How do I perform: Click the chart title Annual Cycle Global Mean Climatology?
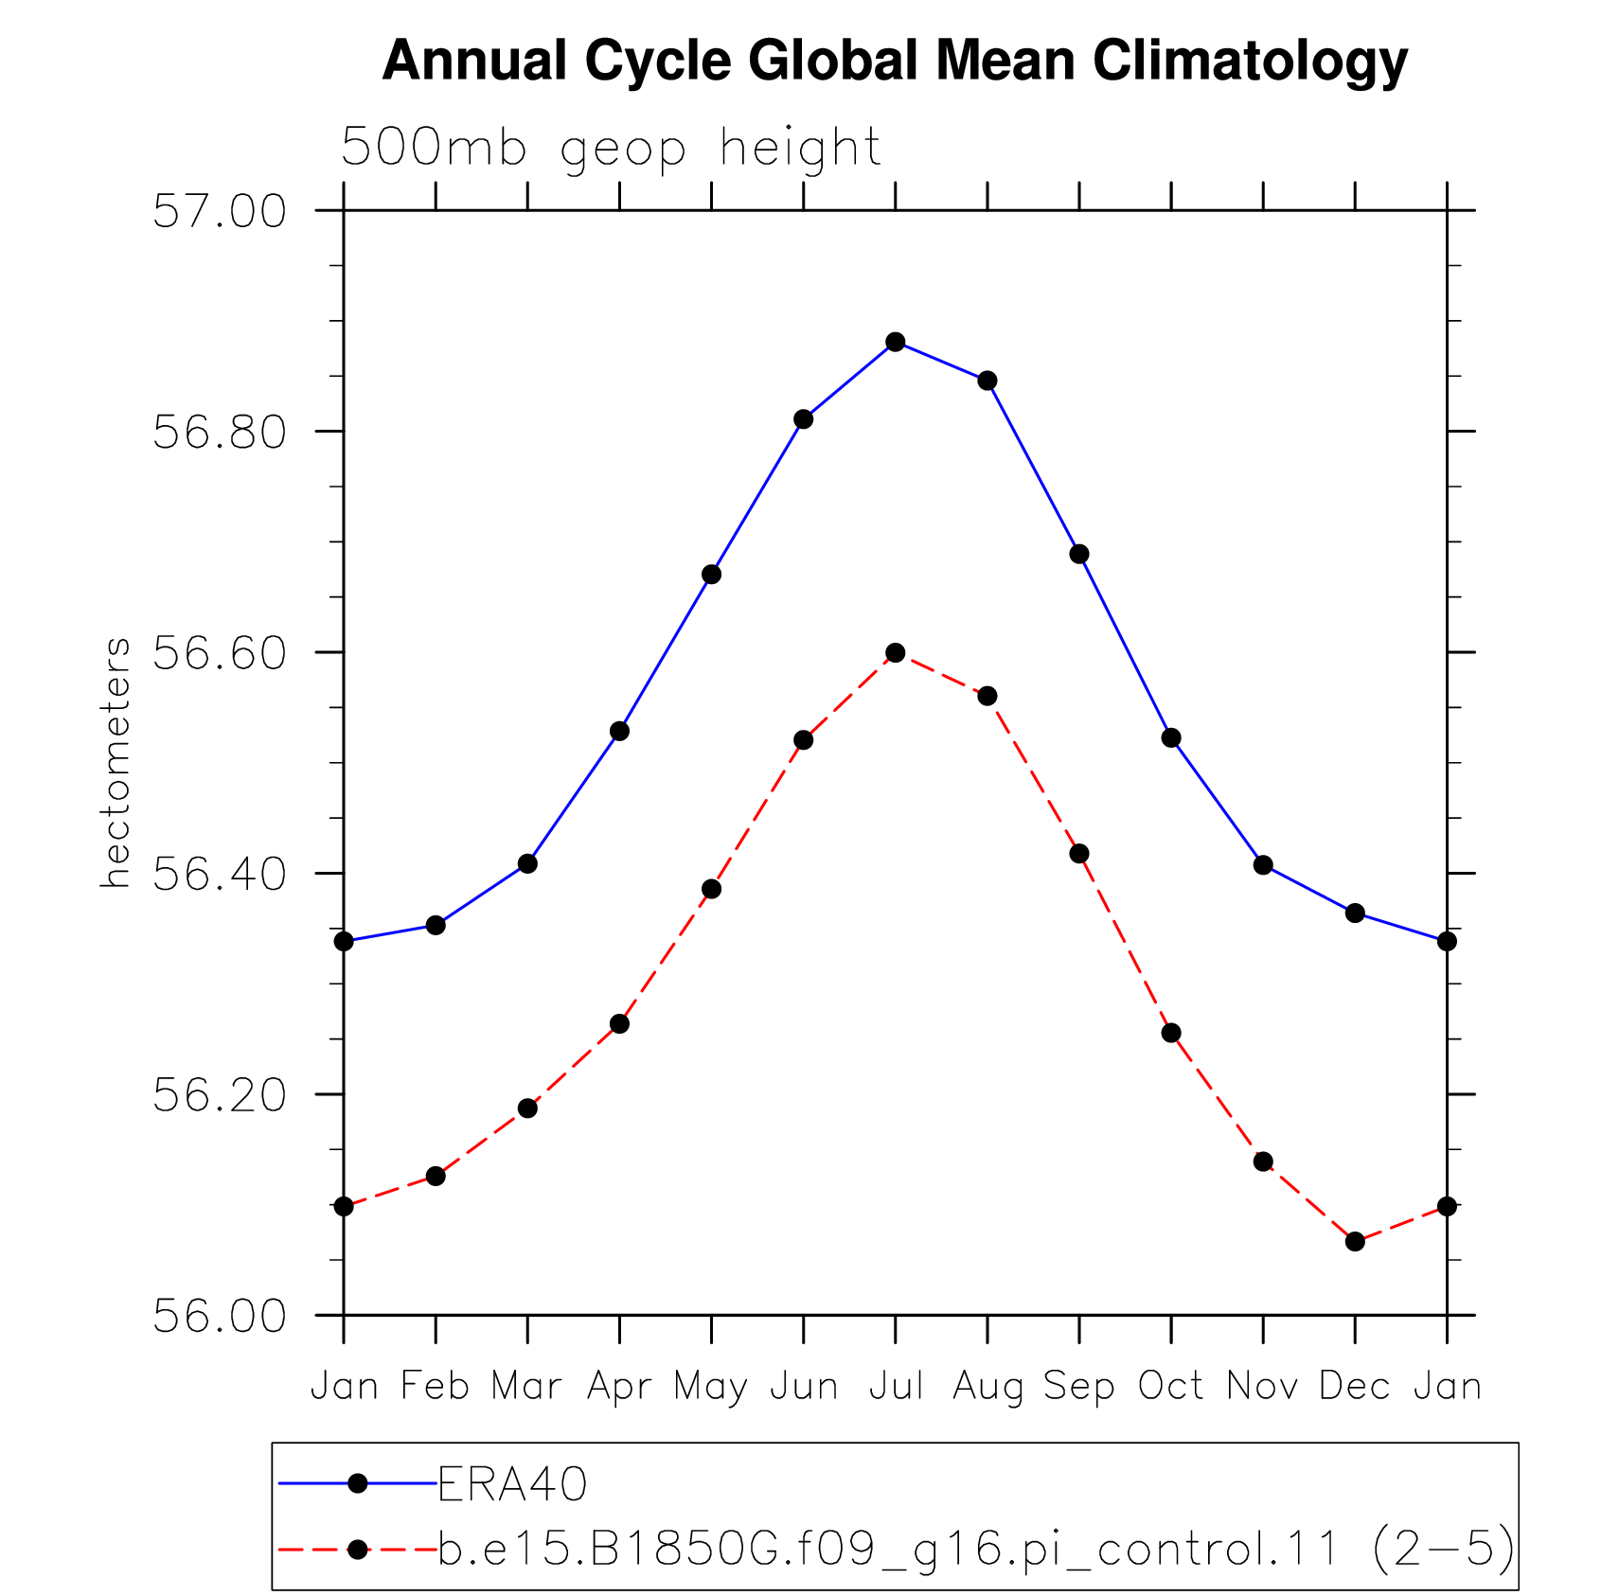pos(895,62)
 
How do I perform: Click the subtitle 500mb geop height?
pos(611,149)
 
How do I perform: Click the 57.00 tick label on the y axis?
pos(219,211)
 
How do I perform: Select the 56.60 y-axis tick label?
pos(219,653)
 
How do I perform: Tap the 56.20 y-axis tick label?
pos(219,1095)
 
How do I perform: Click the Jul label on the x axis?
pos(896,1386)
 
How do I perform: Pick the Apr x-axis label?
pos(620,1388)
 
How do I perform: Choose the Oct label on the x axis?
pos(1171,1386)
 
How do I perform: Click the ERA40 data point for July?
pos(896,342)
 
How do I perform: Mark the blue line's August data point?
pos(987,381)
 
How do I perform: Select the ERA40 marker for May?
pos(712,575)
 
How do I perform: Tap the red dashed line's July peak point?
pos(896,653)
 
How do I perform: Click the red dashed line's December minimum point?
pos(1355,1241)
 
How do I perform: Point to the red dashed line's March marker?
pos(527,1108)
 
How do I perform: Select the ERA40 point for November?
pos(1263,865)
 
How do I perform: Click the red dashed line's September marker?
pos(1079,854)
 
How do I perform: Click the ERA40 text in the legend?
pos(512,1484)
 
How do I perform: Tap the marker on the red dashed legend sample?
pos(358,1550)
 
